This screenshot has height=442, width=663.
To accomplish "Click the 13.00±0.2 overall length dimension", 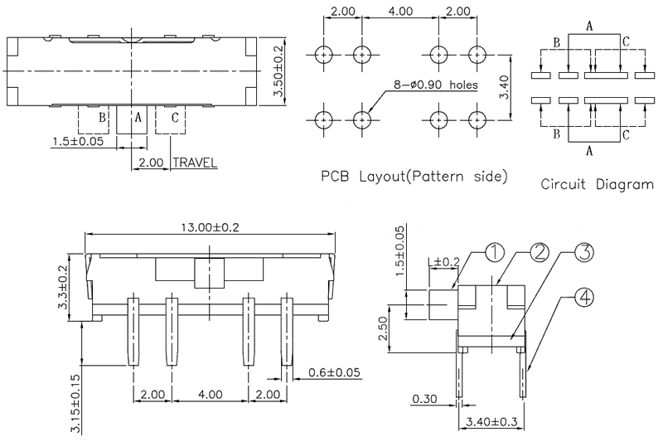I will [211, 228].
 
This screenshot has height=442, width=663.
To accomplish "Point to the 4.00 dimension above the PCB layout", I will [400, 12].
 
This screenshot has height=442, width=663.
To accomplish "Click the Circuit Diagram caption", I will [596, 184].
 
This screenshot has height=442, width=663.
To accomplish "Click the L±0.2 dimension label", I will [443, 263].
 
